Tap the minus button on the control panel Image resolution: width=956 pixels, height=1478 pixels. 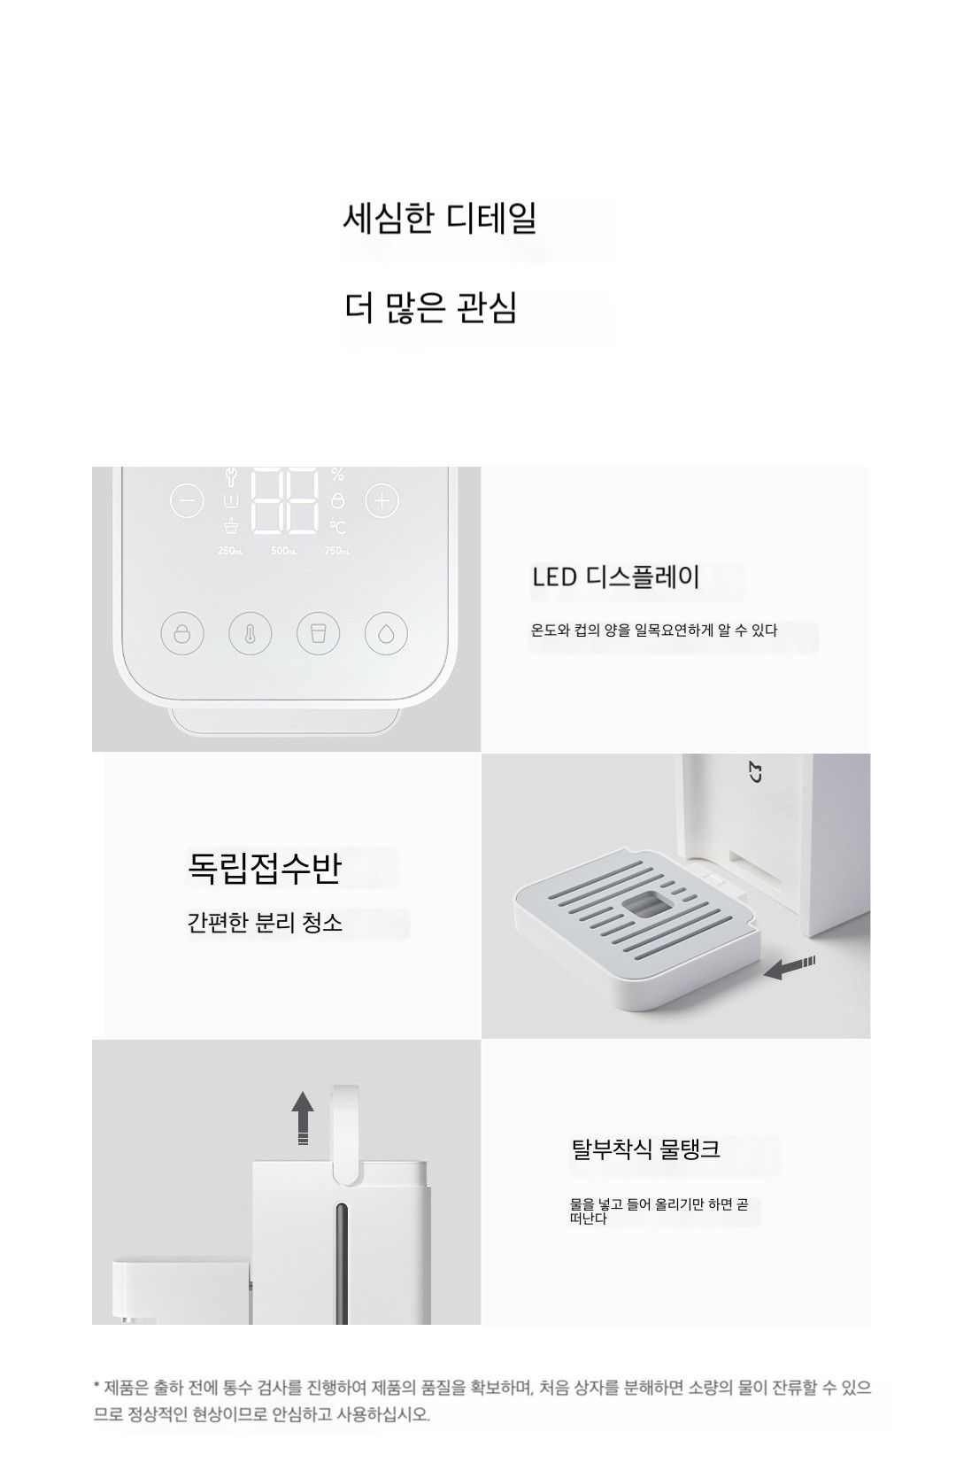[187, 501]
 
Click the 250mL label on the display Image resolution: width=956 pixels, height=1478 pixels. [230, 551]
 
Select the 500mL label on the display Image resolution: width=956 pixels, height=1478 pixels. [283, 551]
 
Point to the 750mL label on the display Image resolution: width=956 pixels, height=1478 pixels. [337, 551]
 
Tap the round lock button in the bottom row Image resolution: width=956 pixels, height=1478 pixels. [182, 633]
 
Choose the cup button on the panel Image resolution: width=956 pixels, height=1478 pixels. [318, 633]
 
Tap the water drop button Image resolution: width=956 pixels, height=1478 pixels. [386, 633]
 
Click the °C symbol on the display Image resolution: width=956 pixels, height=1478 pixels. [337, 527]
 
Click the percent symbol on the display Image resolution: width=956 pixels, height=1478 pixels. [337, 474]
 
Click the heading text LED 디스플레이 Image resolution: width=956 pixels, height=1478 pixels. [615, 577]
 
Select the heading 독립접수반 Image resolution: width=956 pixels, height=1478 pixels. [265, 868]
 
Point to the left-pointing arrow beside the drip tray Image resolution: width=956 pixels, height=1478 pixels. [789, 968]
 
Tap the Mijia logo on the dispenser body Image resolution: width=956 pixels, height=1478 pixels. [756, 772]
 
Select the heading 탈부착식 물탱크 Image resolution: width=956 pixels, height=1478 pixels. [645, 1149]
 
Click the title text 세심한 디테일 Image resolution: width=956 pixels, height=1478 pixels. [439, 218]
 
